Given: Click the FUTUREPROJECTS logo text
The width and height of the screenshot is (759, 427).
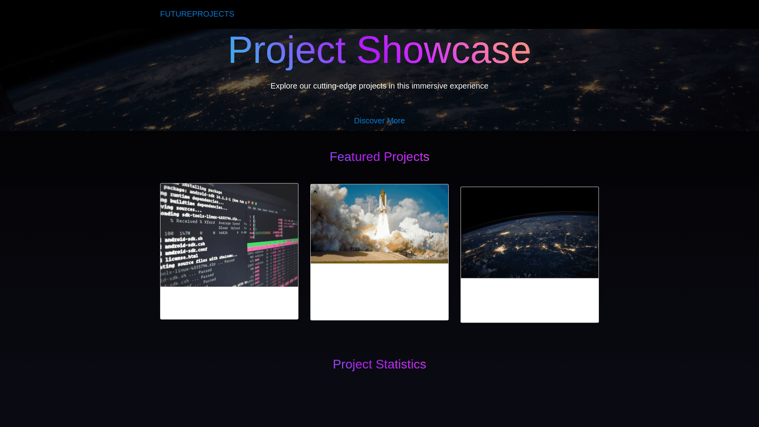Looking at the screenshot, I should point(197,14).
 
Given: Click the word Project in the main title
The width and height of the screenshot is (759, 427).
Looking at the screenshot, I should point(287,50).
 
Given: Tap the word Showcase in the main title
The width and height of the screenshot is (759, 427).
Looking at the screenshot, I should point(444,50).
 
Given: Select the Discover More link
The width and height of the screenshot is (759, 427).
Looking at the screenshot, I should point(379,121).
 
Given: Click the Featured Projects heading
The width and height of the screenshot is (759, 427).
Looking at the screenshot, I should point(379,157).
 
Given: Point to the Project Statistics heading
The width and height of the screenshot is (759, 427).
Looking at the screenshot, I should point(379,364).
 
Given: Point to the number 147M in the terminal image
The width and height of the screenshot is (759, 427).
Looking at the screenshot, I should point(185,233).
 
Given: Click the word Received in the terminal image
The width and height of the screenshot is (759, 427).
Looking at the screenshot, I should point(187,221).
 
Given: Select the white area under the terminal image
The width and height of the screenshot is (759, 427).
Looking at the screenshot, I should point(229,302).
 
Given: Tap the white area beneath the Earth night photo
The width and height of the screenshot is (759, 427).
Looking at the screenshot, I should point(529,300).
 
